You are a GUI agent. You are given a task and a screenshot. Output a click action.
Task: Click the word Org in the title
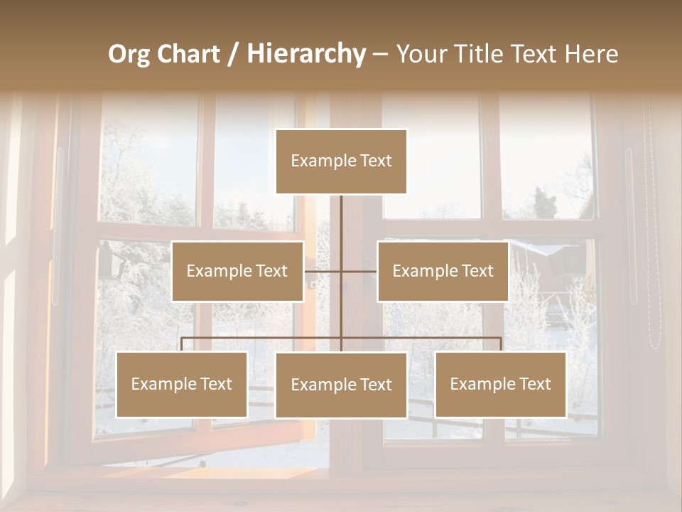pyautogui.click(x=129, y=54)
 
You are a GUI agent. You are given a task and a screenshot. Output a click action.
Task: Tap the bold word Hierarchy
pyautogui.click(x=305, y=54)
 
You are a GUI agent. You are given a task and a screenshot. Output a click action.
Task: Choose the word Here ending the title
pyautogui.click(x=591, y=54)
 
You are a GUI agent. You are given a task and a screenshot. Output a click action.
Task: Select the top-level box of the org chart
pyautogui.click(x=341, y=161)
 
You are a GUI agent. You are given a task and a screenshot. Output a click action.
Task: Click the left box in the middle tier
pyautogui.click(x=237, y=271)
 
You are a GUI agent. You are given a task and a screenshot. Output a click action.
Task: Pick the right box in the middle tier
pyautogui.click(x=443, y=271)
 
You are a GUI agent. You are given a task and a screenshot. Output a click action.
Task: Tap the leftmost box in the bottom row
pyautogui.click(x=182, y=384)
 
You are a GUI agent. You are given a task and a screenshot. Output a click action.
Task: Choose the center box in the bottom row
pyautogui.click(x=341, y=385)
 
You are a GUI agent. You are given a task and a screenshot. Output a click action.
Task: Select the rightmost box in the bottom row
pyautogui.click(x=501, y=384)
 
